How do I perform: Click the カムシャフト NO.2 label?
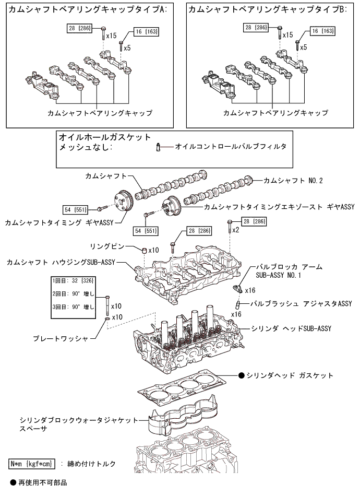point(293,181)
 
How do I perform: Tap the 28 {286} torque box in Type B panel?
point(257,27)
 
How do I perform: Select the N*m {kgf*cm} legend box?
point(32,464)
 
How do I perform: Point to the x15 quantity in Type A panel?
point(111,36)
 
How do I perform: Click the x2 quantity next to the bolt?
point(235,229)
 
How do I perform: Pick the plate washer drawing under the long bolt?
point(107,317)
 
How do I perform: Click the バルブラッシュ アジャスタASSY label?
point(294,303)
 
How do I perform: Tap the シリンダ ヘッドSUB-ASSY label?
point(292,328)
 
